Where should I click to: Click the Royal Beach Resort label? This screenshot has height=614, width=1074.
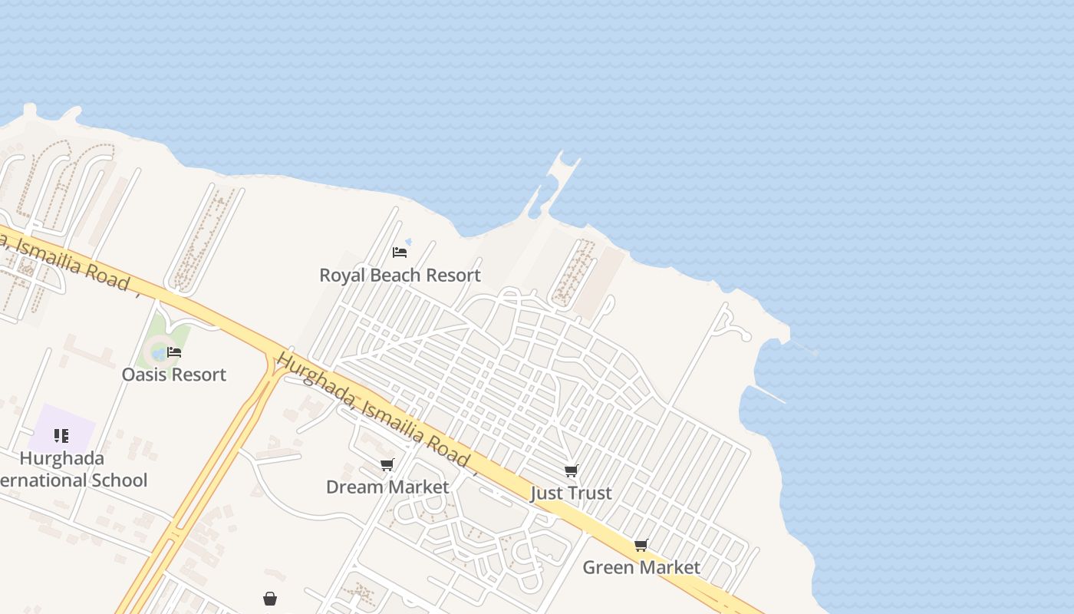pyautogui.click(x=400, y=275)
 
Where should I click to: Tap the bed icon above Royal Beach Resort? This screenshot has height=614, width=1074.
pyautogui.click(x=399, y=252)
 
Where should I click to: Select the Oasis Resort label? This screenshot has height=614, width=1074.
pyautogui.click(x=174, y=375)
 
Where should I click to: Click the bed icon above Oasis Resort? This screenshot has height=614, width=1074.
pyautogui.click(x=174, y=352)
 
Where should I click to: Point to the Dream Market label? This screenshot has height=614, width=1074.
pyautogui.click(x=387, y=487)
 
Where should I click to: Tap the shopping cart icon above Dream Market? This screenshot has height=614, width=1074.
pyautogui.click(x=387, y=464)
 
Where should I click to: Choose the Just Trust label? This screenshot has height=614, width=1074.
pyautogui.click(x=571, y=493)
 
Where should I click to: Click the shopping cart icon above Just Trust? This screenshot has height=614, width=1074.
pyautogui.click(x=571, y=470)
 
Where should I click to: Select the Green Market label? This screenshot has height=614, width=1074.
pyautogui.click(x=641, y=567)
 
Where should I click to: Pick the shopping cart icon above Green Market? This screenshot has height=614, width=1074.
pyautogui.click(x=641, y=545)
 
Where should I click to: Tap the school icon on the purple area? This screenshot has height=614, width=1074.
pyautogui.click(x=61, y=436)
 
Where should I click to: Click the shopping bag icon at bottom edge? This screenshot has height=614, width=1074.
pyautogui.click(x=270, y=599)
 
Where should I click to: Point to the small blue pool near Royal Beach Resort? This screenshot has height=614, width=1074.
pyautogui.click(x=408, y=242)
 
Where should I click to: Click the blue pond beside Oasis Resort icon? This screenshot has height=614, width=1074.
pyautogui.click(x=159, y=353)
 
